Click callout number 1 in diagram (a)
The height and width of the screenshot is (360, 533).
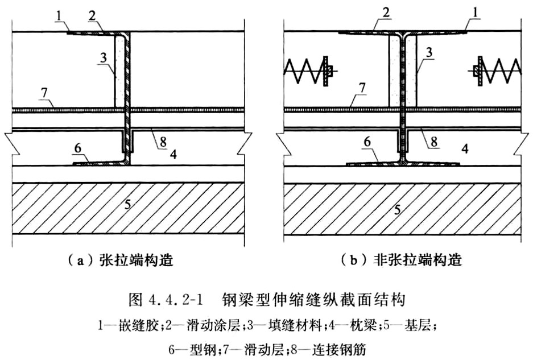(x=59, y=15)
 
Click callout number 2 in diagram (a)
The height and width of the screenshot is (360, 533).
(x=91, y=15)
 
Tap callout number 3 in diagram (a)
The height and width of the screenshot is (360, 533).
(x=103, y=58)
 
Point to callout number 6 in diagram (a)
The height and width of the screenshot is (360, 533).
(x=77, y=148)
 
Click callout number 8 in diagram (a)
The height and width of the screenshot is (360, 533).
(x=163, y=142)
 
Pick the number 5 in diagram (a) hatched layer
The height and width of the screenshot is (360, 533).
(x=126, y=204)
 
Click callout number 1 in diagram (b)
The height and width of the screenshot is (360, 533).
(x=476, y=13)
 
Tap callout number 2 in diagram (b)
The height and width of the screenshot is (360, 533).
(x=386, y=13)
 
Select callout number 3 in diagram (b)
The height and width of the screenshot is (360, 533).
(x=429, y=53)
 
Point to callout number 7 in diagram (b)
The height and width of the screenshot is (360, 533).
(x=362, y=88)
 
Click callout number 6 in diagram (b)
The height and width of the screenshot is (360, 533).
(x=367, y=142)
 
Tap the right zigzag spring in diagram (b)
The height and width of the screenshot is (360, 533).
(x=496, y=71)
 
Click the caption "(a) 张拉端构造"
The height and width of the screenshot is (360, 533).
(x=121, y=260)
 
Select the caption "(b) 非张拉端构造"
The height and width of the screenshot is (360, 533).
(x=401, y=260)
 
